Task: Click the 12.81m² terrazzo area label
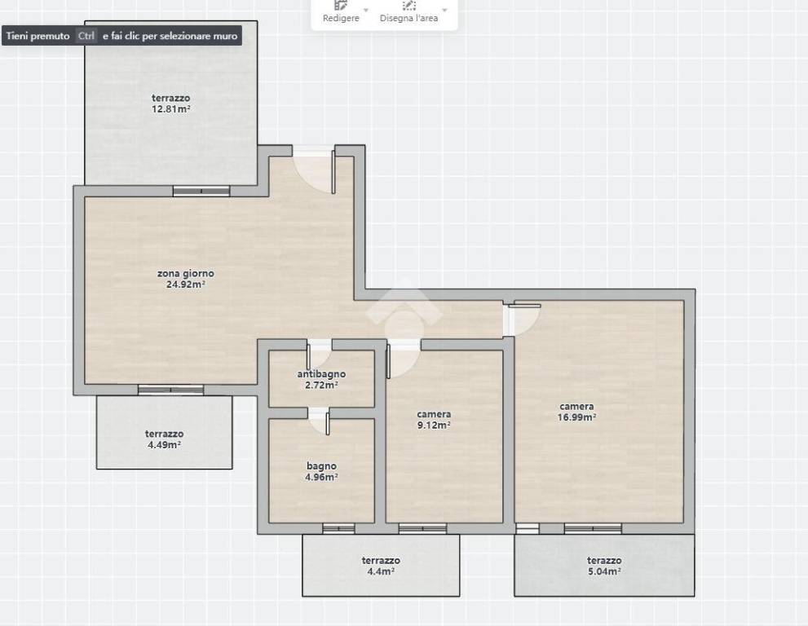point(170,103)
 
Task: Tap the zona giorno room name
point(186,273)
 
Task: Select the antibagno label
point(321,374)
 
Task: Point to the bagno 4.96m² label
point(321,471)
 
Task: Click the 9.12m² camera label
point(434,420)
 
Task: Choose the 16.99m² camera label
point(576,412)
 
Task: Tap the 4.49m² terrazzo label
point(164,439)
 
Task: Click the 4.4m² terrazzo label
point(381,565)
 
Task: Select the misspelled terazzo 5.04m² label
point(604,565)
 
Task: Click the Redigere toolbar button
point(341,12)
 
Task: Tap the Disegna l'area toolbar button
point(408,12)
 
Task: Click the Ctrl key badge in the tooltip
point(86,36)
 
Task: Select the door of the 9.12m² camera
point(404,359)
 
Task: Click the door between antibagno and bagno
point(320,421)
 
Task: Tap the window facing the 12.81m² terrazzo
point(201,192)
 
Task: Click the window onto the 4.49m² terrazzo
point(170,390)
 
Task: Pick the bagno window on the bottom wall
point(338,529)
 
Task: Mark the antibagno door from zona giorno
point(320,354)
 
